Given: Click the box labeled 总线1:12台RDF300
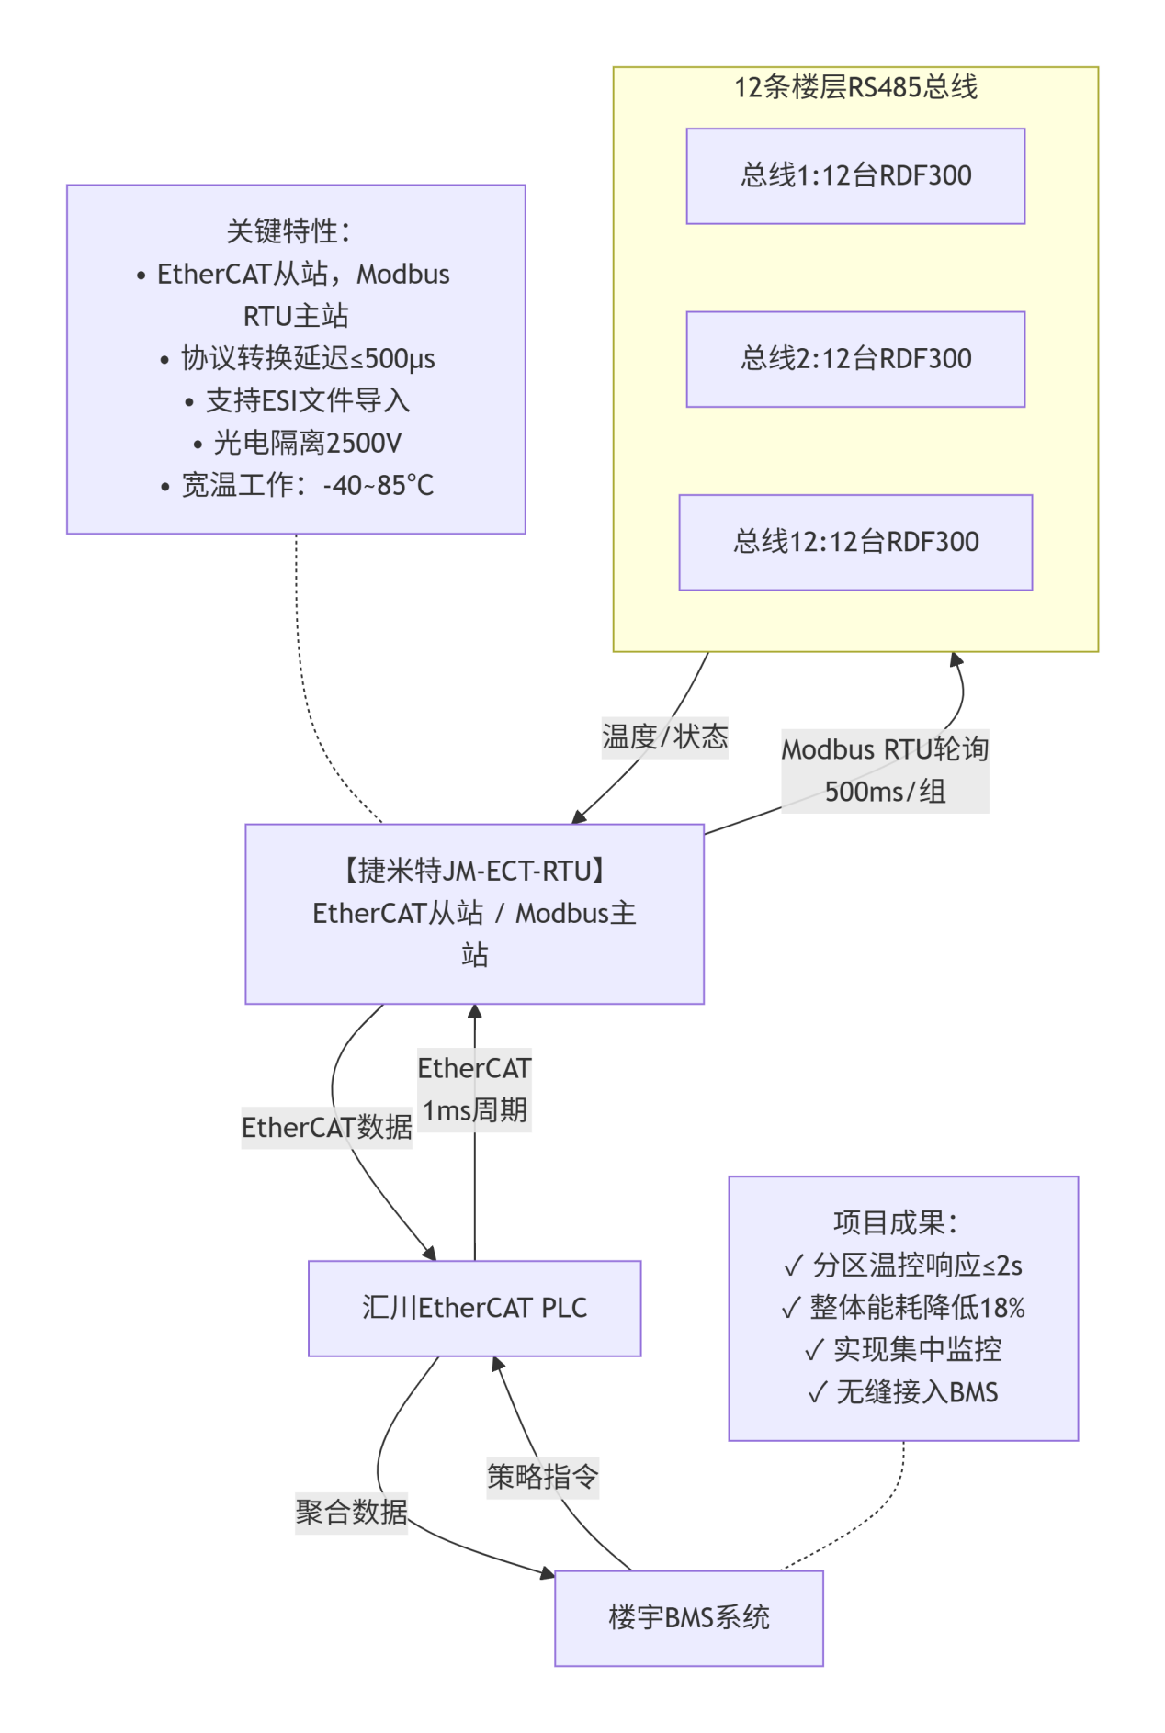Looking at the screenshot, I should [x=855, y=175].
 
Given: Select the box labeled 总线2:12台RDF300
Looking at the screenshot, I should [x=855, y=359].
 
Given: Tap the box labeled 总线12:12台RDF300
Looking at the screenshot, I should [x=855, y=542].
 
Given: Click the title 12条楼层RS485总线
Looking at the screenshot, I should [x=855, y=87].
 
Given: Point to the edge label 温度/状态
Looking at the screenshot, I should [x=664, y=737].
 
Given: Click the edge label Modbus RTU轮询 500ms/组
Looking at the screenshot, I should [x=885, y=771].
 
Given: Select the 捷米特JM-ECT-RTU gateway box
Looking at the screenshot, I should [x=474, y=913].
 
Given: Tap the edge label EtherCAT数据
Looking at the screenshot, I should [x=326, y=1127].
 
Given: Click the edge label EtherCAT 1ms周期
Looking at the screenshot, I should [x=474, y=1089].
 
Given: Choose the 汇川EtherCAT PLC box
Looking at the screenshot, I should [x=474, y=1308].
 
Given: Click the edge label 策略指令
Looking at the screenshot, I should [x=542, y=1477].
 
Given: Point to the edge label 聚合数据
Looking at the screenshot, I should [x=351, y=1512].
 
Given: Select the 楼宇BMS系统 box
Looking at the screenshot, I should [x=688, y=1617].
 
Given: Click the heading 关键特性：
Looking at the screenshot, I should [x=288, y=231].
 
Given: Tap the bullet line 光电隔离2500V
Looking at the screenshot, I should [x=298, y=444].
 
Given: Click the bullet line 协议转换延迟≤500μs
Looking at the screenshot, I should [x=298, y=359].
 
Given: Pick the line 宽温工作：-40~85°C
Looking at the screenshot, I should [x=298, y=486].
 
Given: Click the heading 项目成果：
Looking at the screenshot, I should [x=896, y=1223].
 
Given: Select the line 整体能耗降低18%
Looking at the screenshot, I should [x=903, y=1308].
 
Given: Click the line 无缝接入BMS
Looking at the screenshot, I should [x=903, y=1392].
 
